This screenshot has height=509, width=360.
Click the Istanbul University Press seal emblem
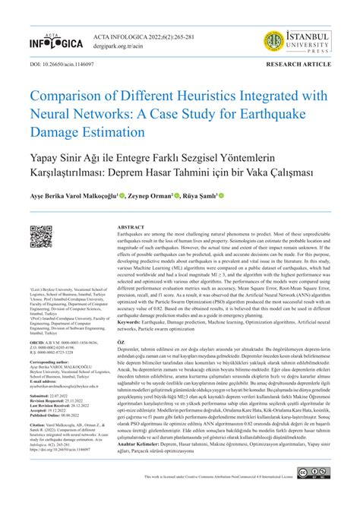click(x=275, y=42)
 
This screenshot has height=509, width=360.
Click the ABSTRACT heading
click(x=131, y=228)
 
